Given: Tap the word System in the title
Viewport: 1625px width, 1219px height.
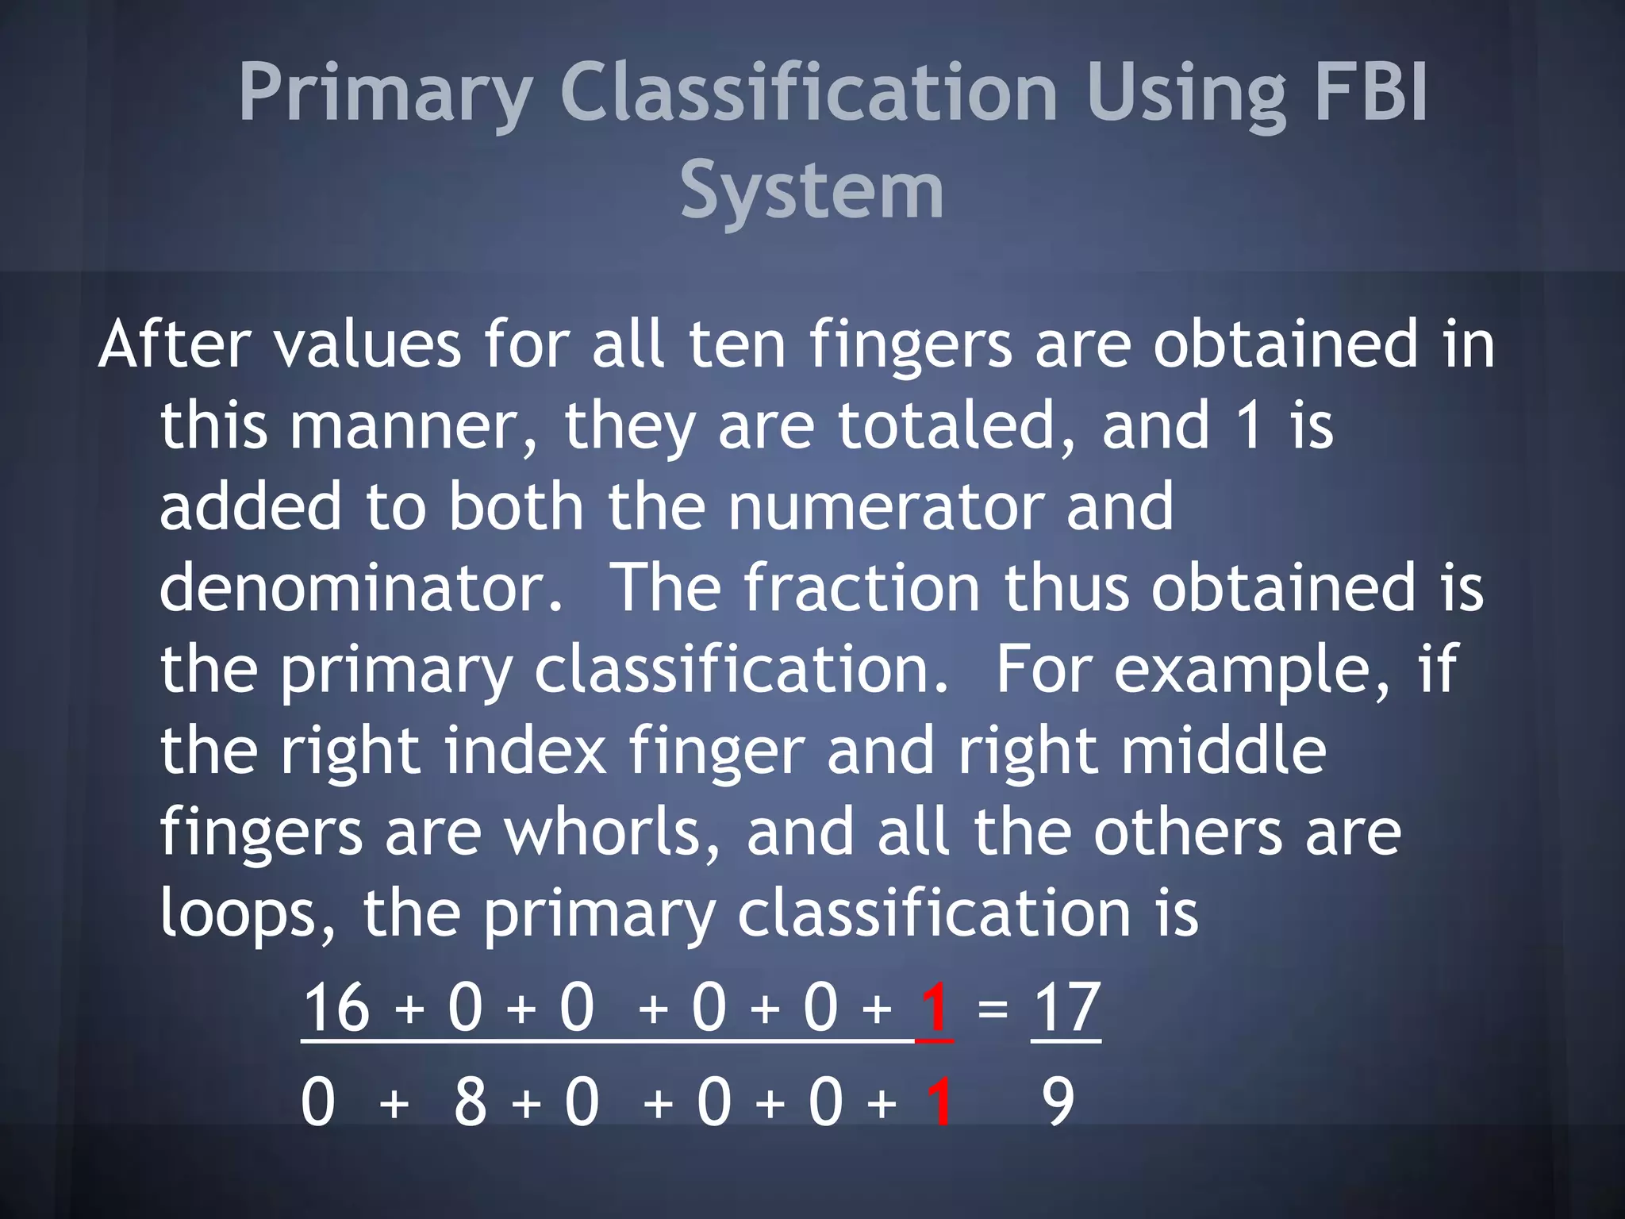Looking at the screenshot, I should tap(812, 190).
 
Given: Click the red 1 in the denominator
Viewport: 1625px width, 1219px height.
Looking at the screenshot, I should tap(940, 1102).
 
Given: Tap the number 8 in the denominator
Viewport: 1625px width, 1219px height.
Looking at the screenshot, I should tap(470, 1102).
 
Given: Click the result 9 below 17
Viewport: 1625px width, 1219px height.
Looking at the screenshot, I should tap(1058, 1102).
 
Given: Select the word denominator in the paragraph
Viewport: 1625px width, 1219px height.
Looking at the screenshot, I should tap(361, 588).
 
